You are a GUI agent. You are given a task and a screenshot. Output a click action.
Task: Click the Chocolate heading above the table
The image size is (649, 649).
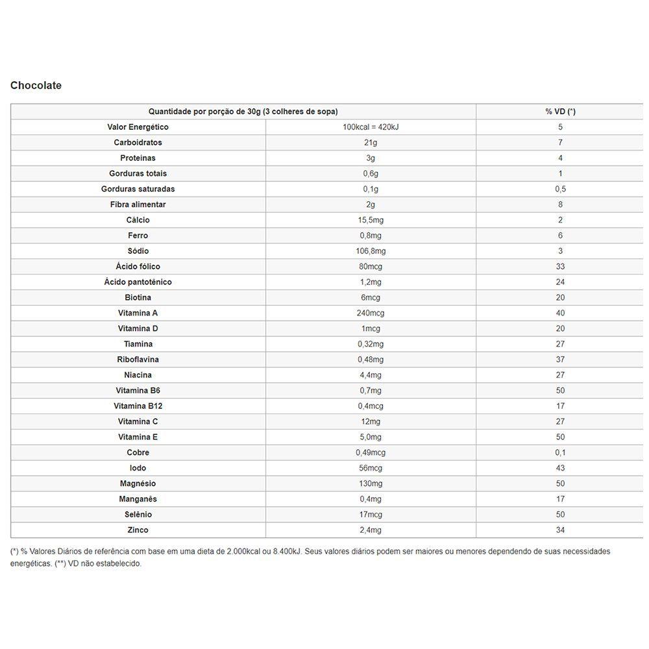(36, 85)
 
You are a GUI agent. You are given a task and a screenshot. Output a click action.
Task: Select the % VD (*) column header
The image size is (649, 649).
(560, 112)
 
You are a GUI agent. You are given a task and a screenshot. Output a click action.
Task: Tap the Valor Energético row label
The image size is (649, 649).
(138, 127)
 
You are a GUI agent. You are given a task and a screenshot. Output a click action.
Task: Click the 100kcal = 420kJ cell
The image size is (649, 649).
(371, 127)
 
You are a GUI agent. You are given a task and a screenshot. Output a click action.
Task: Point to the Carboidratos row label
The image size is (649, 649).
(138, 143)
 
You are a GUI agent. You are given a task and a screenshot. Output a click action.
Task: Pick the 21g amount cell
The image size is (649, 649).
(371, 143)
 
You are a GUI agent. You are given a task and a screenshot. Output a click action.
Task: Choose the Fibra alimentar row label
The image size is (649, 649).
(138, 204)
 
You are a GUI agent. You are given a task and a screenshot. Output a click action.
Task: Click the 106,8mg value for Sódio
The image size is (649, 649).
(371, 251)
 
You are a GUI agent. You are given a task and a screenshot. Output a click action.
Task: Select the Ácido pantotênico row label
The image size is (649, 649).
(138, 282)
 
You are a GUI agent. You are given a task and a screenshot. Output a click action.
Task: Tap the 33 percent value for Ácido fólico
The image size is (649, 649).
(560, 267)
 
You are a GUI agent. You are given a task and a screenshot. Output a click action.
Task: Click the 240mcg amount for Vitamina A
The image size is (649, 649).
(371, 313)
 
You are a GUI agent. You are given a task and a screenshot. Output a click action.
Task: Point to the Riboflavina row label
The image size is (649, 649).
(138, 360)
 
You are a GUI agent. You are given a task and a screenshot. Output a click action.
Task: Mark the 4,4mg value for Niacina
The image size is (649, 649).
(371, 375)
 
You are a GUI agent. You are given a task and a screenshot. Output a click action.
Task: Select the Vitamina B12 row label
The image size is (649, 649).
(138, 406)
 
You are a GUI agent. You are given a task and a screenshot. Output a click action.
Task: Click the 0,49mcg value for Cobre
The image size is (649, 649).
(371, 452)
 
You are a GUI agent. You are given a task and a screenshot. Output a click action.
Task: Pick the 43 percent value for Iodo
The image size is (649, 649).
(560, 468)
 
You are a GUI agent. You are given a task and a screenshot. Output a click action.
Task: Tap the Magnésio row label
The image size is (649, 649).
(138, 484)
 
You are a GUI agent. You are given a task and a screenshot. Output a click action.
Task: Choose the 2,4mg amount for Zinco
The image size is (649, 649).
(371, 530)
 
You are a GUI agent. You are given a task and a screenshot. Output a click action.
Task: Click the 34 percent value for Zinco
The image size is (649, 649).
(560, 530)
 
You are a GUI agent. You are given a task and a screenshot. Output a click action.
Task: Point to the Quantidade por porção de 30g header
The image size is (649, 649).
(243, 112)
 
